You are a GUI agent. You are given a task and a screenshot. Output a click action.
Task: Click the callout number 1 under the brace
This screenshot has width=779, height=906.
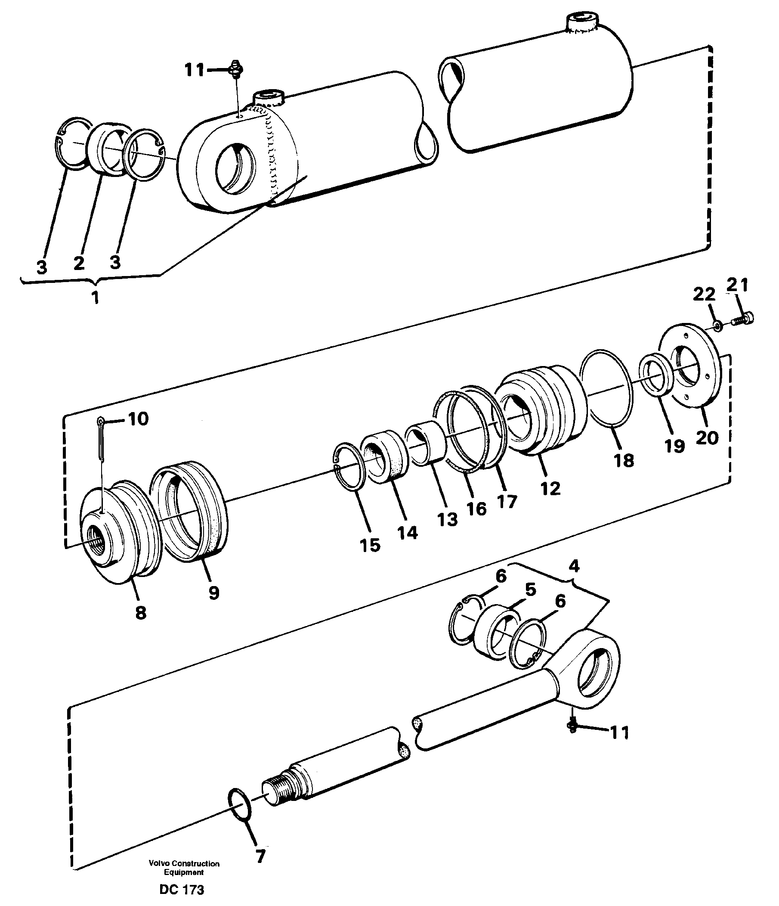[95, 298]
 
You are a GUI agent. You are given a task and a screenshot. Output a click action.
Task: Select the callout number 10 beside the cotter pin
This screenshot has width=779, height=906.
[138, 419]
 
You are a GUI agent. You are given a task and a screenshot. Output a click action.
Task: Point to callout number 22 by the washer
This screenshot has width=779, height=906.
[703, 294]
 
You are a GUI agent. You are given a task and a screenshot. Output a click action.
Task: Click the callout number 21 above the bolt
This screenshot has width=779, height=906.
[738, 285]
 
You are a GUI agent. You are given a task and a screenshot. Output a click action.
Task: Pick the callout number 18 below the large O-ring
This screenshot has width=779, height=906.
[623, 460]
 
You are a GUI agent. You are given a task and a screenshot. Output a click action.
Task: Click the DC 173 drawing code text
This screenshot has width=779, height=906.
[182, 889]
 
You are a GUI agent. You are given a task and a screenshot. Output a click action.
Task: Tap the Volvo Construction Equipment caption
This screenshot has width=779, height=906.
[184, 868]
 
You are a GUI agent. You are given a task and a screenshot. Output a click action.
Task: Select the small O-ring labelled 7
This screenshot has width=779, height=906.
[240, 804]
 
